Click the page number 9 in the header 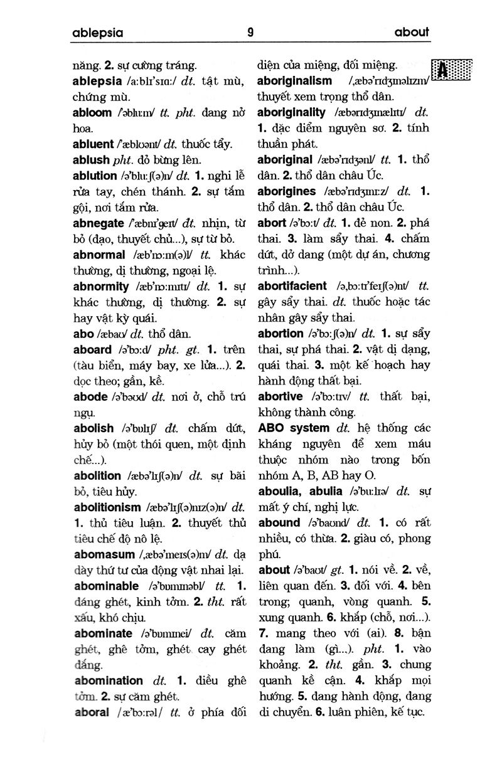[x=250, y=33]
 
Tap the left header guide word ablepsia [x=97, y=33]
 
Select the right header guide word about [x=412, y=33]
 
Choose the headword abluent [x=93, y=144]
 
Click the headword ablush [x=91, y=160]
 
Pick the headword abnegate [x=99, y=223]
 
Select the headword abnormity [x=101, y=286]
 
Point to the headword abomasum [x=104, y=554]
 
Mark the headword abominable [x=106, y=586]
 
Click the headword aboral [x=91, y=712]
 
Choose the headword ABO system [x=293, y=428]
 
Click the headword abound [x=279, y=522]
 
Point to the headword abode [x=90, y=396]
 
